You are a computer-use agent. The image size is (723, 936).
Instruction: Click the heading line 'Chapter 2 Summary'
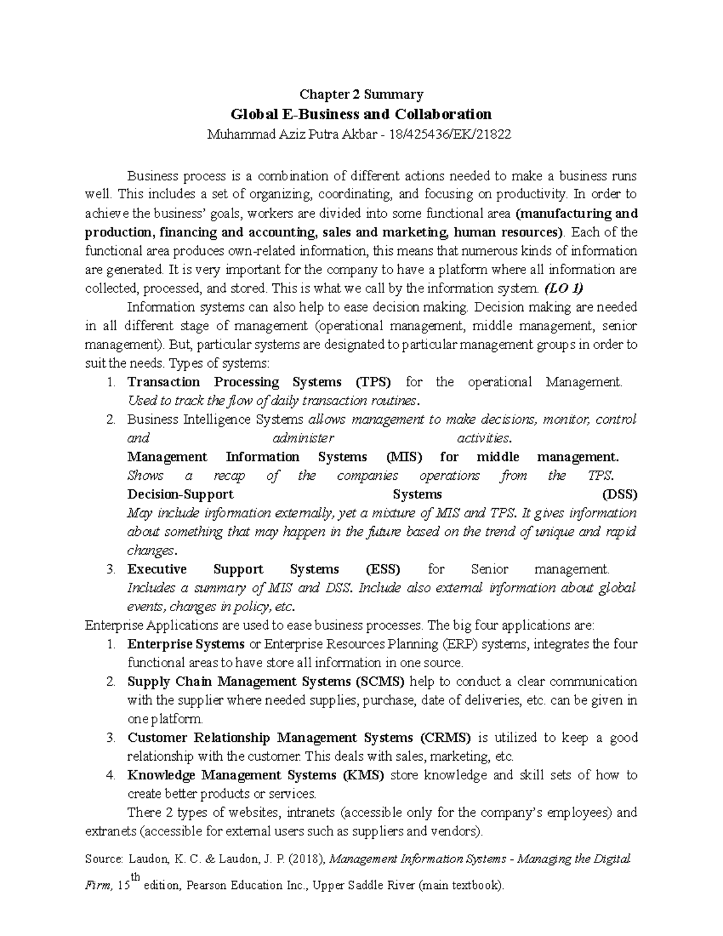point(361,95)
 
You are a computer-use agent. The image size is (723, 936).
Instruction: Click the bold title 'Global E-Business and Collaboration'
point(361,114)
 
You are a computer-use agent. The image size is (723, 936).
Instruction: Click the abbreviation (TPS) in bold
point(373,382)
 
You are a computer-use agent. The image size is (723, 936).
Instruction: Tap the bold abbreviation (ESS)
point(383,570)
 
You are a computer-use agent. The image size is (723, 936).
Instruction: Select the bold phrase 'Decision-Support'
point(180,495)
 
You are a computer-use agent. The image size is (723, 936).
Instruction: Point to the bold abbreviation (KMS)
point(363,775)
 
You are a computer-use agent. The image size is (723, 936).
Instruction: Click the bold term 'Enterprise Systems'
point(186,644)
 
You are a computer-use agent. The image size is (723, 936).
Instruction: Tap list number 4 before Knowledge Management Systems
point(110,775)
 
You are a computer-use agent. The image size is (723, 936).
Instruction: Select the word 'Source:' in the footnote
point(104,859)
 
